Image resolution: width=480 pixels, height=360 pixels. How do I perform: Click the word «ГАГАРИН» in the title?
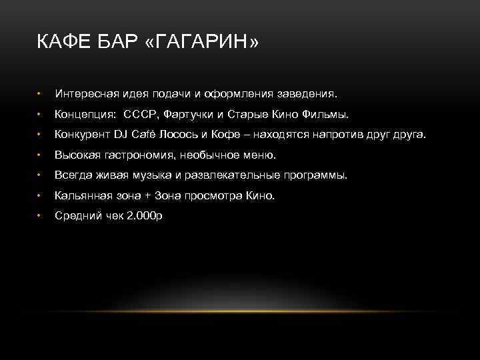point(201,43)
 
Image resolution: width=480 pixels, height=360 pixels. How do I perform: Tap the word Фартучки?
point(192,114)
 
